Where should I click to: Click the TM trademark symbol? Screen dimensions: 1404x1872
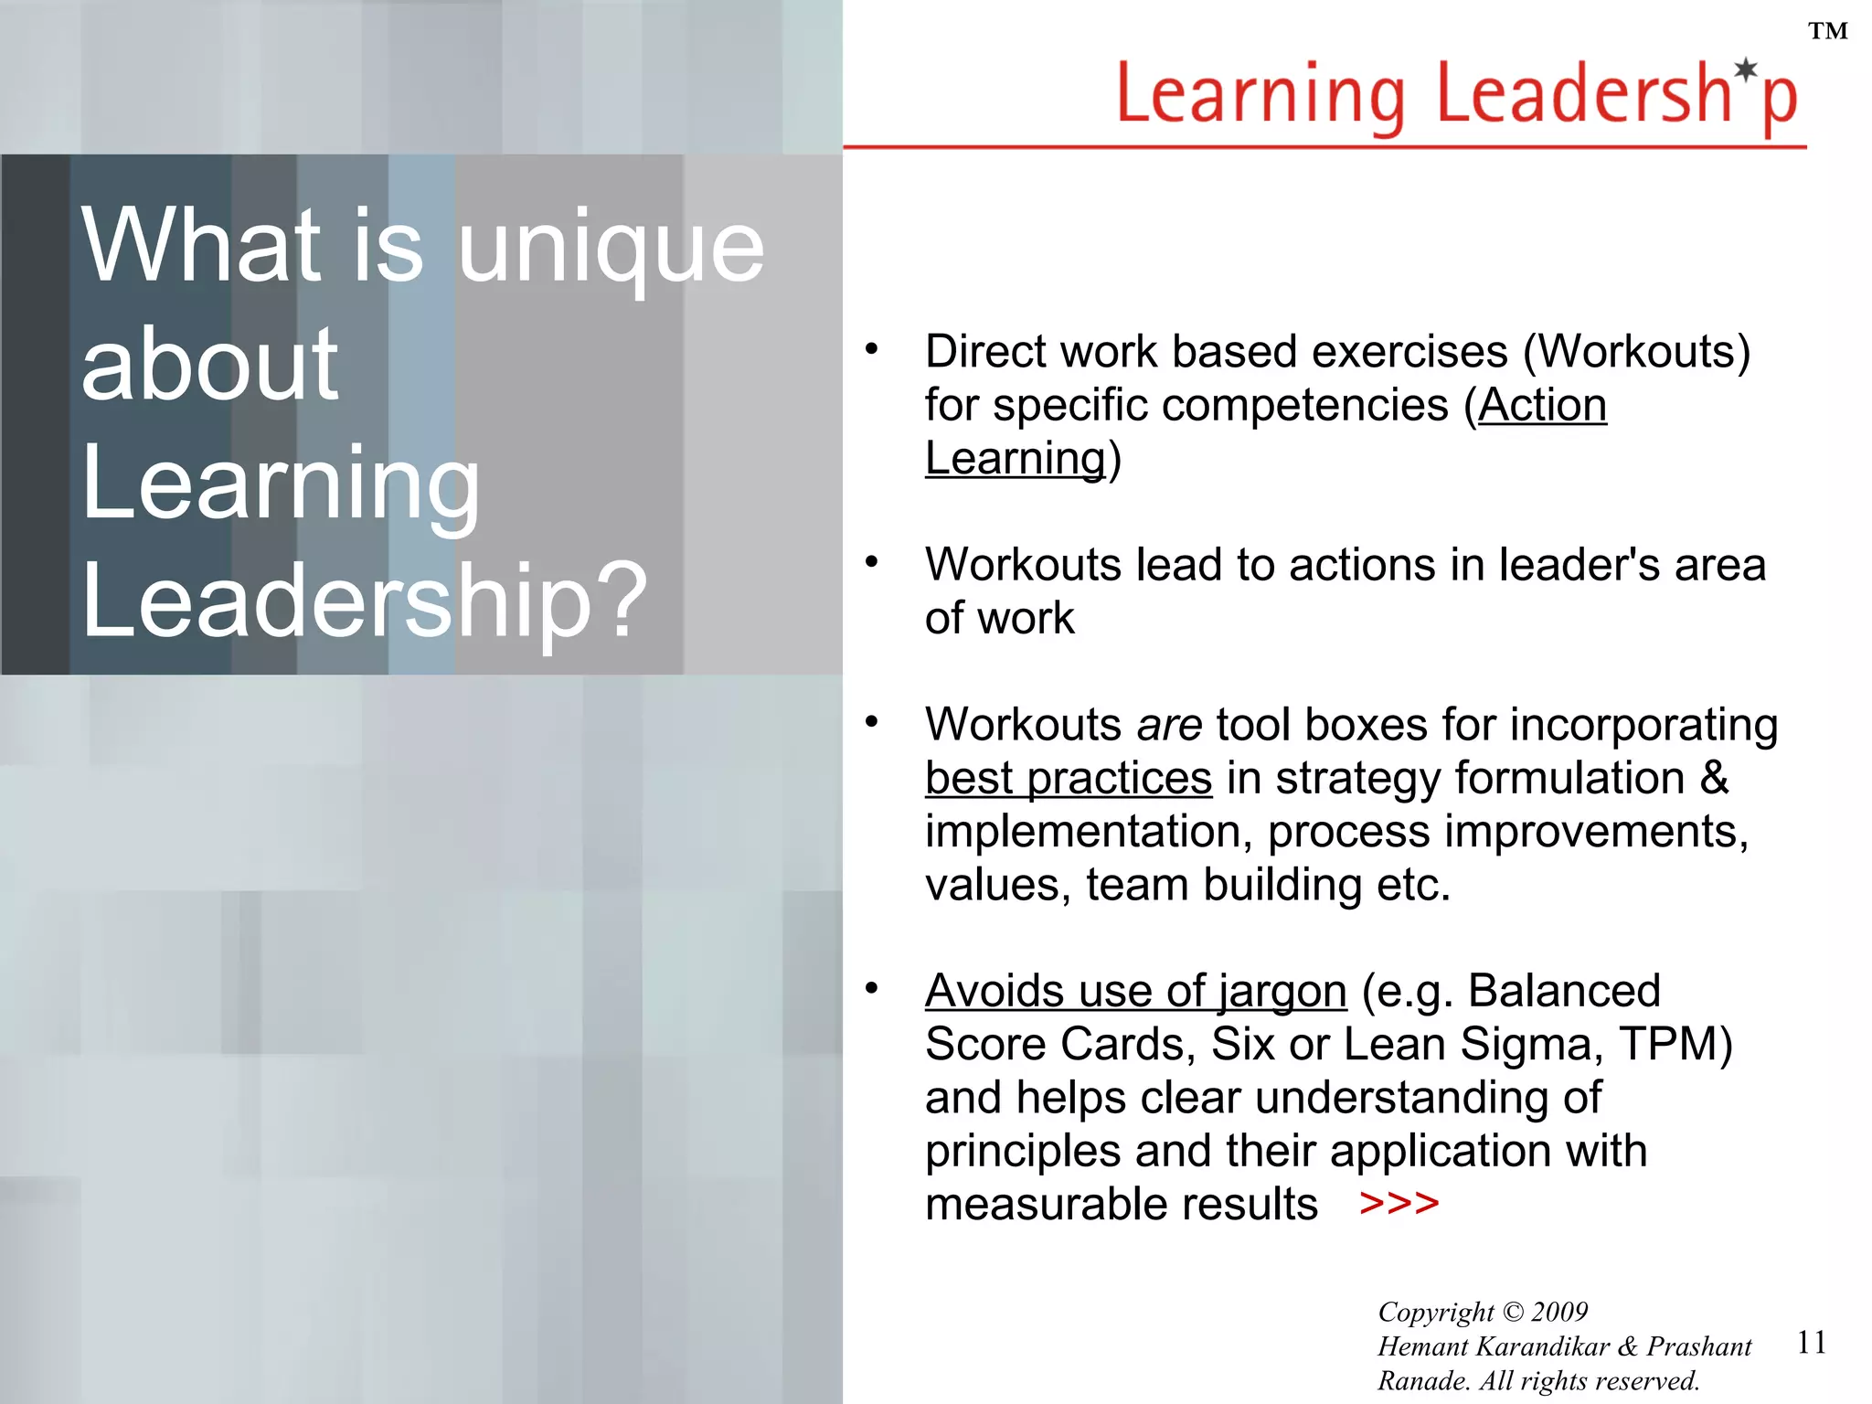[1828, 32]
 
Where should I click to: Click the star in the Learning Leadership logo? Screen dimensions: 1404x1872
[1747, 69]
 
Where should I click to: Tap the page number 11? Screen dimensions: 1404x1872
[1811, 1342]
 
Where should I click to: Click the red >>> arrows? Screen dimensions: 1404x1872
[1399, 1203]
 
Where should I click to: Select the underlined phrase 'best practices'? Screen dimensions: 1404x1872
[1068, 779]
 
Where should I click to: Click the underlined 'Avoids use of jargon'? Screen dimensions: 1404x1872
[1135, 991]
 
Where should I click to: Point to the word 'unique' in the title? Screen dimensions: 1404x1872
[611, 247]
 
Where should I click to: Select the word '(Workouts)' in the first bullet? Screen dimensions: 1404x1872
[1636, 352]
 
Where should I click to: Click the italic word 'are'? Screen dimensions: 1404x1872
[1169, 725]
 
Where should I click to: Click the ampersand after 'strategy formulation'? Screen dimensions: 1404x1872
[1714, 778]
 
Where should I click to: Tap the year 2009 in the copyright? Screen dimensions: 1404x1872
[1559, 1312]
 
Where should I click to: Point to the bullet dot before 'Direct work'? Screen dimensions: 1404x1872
[871, 348]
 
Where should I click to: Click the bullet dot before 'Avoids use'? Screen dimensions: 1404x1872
[871, 987]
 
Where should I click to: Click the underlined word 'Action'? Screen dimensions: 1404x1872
[1542, 405]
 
